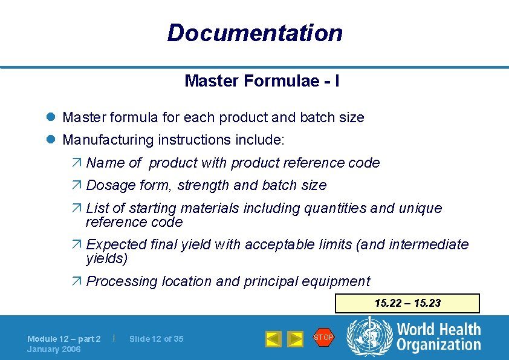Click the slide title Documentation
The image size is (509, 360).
click(254, 33)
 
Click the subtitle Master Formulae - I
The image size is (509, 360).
click(262, 80)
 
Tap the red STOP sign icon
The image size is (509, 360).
click(323, 337)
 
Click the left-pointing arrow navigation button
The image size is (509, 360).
click(274, 339)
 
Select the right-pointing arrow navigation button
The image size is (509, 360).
click(295, 339)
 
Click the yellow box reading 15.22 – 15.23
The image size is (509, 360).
click(407, 303)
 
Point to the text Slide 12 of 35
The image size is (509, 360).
click(156, 339)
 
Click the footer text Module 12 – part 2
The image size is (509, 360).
click(63, 339)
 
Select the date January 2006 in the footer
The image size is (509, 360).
click(54, 349)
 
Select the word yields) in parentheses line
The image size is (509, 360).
click(106, 259)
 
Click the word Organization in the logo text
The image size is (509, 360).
click(438, 345)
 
